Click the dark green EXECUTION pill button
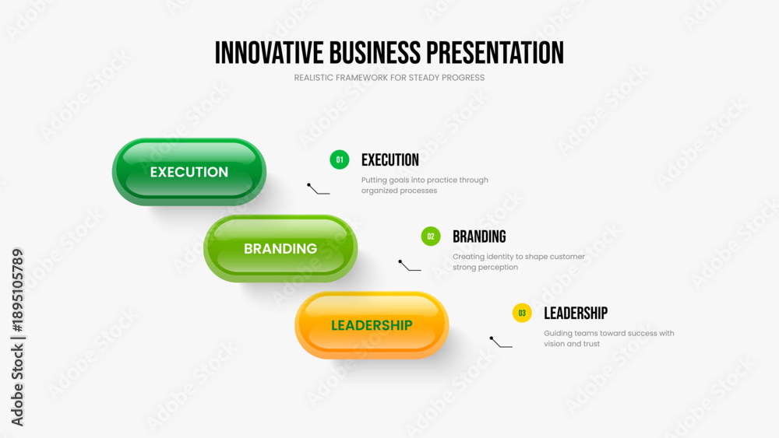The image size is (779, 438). (x=189, y=172)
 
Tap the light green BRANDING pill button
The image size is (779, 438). (x=280, y=248)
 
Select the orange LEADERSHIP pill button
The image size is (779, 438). (x=372, y=325)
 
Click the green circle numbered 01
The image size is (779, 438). (x=340, y=159)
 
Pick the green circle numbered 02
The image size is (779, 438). (x=431, y=237)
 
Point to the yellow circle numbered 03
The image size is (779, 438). (x=522, y=313)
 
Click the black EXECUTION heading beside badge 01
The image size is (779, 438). (x=390, y=159)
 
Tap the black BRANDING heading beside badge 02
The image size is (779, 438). (x=479, y=237)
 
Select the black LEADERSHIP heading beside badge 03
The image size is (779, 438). (x=576, y=313)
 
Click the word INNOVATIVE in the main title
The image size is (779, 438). (x=269, y=53)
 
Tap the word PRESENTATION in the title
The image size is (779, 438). (x=495, y=53)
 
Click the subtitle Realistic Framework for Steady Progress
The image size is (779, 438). (x=389, y=78)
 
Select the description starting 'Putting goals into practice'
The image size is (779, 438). (x=425, y=185)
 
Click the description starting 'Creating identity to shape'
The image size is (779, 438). (x=519, y=262)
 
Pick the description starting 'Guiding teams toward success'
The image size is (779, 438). (x=609, y=338)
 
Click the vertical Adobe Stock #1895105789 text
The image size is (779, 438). (x=17, y=338)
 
